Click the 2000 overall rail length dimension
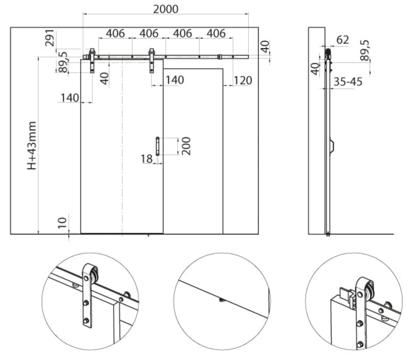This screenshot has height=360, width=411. coord(166,9)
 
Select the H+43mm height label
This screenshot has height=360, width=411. coord(32,146)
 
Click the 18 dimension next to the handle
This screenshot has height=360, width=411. coord(147,159)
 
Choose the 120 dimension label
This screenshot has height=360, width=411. coord(243,80)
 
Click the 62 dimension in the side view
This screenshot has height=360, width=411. coord(342,40)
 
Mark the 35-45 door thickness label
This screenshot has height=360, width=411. coord(348,82)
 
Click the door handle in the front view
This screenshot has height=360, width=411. coord(157,146)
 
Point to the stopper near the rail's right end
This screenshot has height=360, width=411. coord(219,57)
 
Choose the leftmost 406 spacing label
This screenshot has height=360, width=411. coord(115,34)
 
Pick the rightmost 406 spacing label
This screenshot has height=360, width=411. coord(216,34)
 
